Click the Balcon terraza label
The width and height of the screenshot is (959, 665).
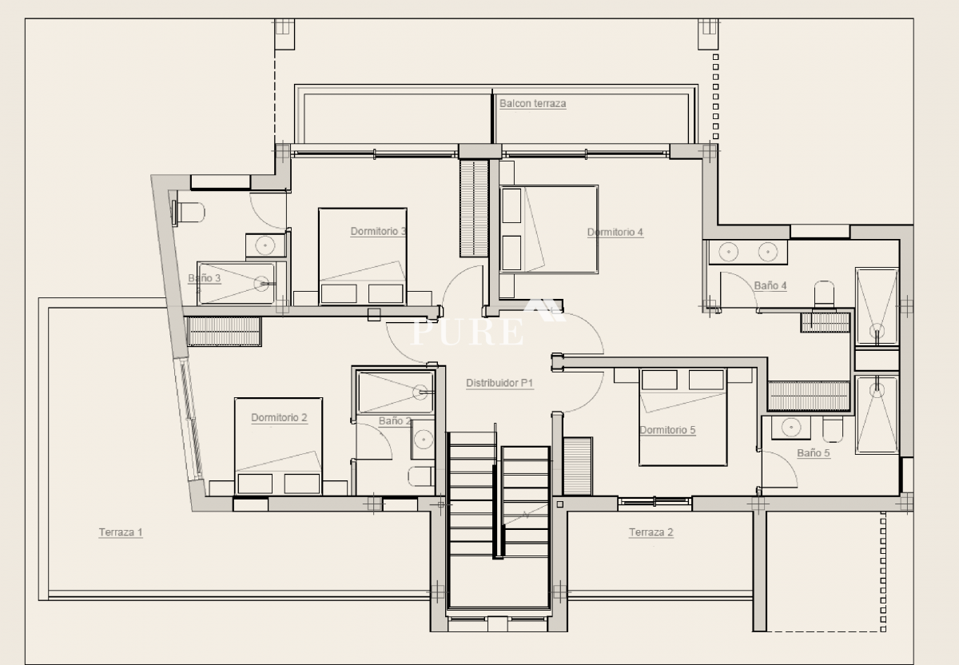point(532,103)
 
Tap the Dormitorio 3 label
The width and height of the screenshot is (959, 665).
point(378,231)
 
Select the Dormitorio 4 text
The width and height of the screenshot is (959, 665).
point(615,232)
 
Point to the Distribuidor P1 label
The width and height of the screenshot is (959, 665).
point(499,383)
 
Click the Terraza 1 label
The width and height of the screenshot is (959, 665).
point(121,532)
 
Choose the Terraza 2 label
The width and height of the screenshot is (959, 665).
point(651,532)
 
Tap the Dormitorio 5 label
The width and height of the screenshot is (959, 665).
point(667,430)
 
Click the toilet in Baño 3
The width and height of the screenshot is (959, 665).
point(188,213)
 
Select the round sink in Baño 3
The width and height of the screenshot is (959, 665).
point(265,245)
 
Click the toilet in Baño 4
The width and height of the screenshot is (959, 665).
point(824,295)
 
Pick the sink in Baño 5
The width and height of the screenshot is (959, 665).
point(790,428)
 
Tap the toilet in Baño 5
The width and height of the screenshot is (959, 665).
point(833,429)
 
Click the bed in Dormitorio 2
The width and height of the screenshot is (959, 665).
point(278,446)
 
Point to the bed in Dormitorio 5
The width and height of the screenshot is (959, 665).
point(682,417)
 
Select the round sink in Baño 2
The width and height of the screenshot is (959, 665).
point(424,440)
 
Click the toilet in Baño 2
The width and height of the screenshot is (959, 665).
point(421,476)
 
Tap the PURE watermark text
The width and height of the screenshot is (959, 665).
point(467,332)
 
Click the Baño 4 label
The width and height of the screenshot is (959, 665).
point(770,285)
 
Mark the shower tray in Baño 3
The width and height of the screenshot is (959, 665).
point(236,283)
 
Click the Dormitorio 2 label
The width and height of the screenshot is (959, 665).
point(279,417)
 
